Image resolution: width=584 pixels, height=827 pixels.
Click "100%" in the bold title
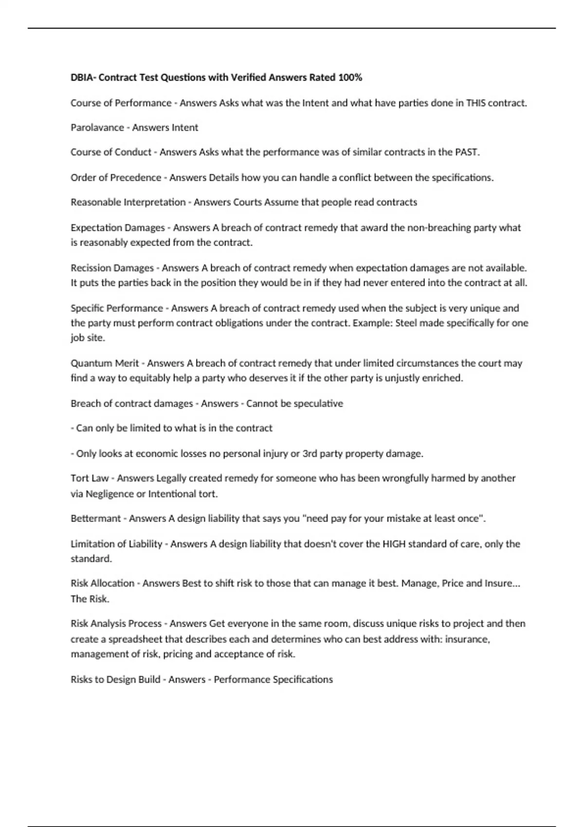pyautogui.click(x=351, y=77)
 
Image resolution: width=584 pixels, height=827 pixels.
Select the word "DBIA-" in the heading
pyautogui.click(x=83, y=77)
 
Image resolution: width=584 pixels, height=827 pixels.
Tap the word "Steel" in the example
pyautogui.click(x=406, y=323)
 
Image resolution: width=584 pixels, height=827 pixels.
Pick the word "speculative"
pyautogui.click(x=319, y=403)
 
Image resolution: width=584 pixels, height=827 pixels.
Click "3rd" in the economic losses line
pyautogui.click(x=310, y=453)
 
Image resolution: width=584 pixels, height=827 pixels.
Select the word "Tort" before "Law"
pyautogui.click(x=79, y=478)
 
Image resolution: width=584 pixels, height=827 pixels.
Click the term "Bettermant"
pyautogui.click(x=95, y=519)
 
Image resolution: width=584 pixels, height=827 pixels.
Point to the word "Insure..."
pyautogui.click(x=502, y=583)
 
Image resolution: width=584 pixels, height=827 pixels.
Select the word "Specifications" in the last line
pyautogui.click(x=302, y=679)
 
